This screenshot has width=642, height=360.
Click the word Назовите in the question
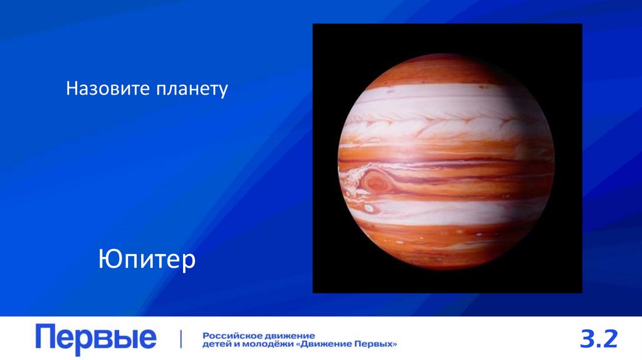105,89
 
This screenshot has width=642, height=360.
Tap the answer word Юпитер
147,259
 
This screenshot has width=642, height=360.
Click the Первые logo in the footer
95,339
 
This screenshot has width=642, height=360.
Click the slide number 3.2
599,339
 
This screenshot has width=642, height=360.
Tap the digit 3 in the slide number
586,339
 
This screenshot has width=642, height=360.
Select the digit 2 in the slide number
611,339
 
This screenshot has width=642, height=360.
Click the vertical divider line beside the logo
181,339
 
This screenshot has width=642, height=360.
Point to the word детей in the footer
216,344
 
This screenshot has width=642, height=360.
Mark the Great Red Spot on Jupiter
376,182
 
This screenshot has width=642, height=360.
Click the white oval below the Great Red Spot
369,208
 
